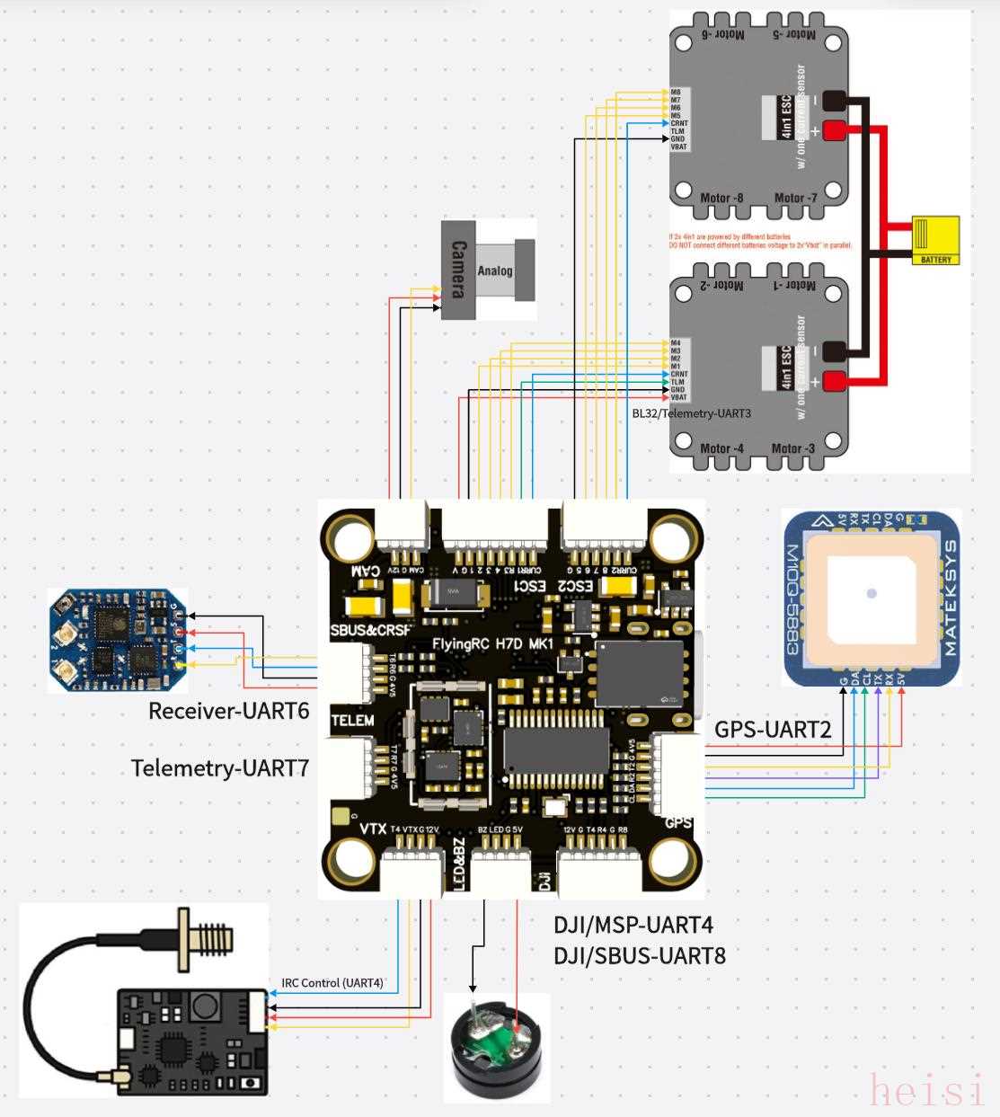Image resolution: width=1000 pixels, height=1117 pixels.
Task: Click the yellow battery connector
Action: pos(934,239)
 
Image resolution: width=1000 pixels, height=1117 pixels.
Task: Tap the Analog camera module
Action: pos(488,270)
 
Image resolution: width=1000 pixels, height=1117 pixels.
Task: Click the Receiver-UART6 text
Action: pos(228,712)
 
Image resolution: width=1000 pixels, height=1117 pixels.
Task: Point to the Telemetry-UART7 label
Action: pos(220,768)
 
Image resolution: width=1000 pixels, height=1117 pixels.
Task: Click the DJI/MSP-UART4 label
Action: pos(633,923)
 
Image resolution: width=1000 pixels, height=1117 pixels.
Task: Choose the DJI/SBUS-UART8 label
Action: pos(639,954)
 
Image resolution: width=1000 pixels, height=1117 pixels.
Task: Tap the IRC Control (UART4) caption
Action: pos(332,983)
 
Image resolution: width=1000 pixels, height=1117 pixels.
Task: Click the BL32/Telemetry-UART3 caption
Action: pos(691,413)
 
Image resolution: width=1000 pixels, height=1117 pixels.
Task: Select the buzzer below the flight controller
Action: pos(498,1048)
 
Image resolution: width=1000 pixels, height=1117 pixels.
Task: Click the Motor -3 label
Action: pos(794,448)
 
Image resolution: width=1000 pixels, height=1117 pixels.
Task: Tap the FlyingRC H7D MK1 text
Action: pos(492,643)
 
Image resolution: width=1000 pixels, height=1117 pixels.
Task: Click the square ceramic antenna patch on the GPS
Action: pos(870,593)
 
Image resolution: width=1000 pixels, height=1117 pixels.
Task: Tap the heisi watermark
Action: pos(928,1090)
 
